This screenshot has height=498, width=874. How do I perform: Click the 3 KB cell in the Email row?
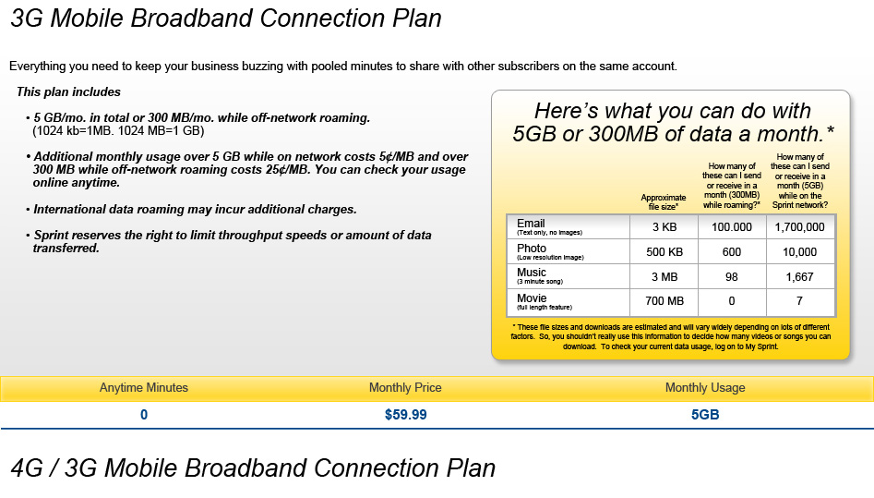[664, 227]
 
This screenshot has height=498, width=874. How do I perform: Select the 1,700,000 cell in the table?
[800, 227]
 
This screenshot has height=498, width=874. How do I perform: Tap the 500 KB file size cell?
[664, 252]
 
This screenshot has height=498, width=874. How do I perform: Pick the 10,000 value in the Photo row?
[800, 252]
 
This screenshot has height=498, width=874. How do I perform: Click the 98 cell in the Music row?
[732, 276]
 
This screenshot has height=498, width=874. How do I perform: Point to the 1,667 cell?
[800, 276]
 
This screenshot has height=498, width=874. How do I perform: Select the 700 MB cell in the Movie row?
[664, 301]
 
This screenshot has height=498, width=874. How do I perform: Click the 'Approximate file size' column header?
[664, 202]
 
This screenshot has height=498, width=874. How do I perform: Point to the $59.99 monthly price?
[406, 415]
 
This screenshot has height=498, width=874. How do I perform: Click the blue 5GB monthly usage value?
[705, 415]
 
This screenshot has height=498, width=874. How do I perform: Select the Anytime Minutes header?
[144, 387]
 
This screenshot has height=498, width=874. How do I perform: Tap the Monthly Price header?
[405, 387]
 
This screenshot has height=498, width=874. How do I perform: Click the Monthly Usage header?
[705, 387]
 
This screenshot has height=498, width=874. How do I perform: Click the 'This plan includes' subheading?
[68, 92]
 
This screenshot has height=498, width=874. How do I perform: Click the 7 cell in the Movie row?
[800, 301]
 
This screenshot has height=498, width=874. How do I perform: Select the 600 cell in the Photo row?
[732, 252]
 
